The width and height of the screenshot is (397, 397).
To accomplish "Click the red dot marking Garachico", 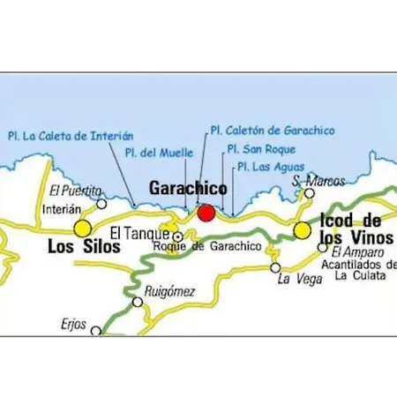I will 206,213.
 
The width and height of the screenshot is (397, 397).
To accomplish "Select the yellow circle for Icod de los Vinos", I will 303,231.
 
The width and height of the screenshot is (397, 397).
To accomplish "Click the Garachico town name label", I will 188,189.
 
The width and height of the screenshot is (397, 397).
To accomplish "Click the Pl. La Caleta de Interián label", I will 70,136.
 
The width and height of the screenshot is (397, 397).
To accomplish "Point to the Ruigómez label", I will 169,288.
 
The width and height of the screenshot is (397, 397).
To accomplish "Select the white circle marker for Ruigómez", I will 138,302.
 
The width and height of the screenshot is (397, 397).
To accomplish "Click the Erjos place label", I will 74,324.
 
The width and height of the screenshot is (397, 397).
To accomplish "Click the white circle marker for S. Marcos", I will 310,193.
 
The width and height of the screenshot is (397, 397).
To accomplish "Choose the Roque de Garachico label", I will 207,246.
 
